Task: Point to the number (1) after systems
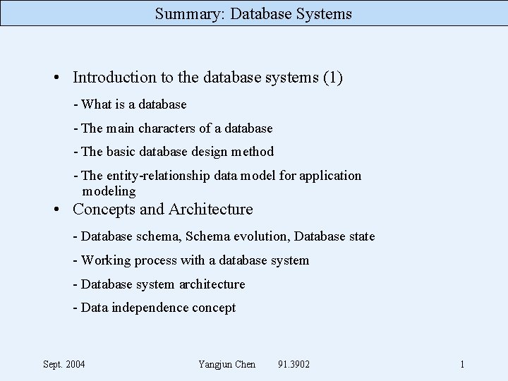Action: tap(332, 77)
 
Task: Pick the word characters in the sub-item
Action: tap(167, 128)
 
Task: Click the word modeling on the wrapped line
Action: tap(109, 191)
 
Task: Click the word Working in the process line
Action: tap(104, 260)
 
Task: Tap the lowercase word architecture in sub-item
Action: tap(212, 284)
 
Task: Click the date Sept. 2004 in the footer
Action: tap(64, 364)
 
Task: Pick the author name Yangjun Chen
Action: tap(227, 364)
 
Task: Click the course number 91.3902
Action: tap(294, 364)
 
